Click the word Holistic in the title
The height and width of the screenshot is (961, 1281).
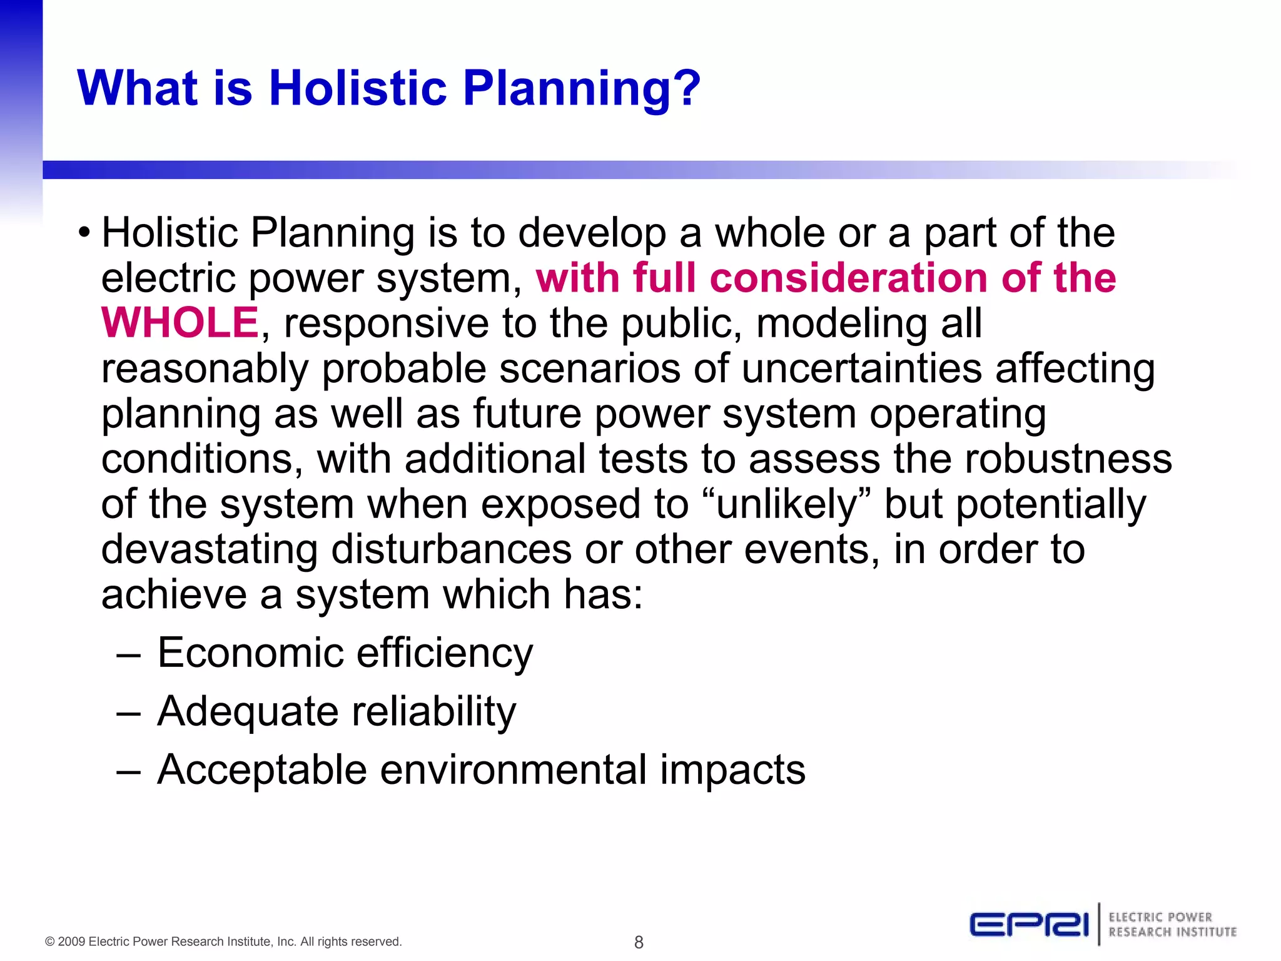pyautogui.click(x=358, y=88)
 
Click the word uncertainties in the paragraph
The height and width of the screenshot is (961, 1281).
pyautogui.click(x=862, y=369)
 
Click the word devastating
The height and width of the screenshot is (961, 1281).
pyautogui.click(x=210, y=550)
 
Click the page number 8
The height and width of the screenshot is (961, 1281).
pyautogui.click(x=639, y=942)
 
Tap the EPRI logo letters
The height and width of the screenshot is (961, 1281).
pyautogui.click(x=1029, y=925)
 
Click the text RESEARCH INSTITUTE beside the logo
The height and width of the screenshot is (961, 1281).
pyautogui.click(x=1172, y=932)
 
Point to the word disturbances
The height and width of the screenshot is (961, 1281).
pyautogui.click(x=451, y=550)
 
